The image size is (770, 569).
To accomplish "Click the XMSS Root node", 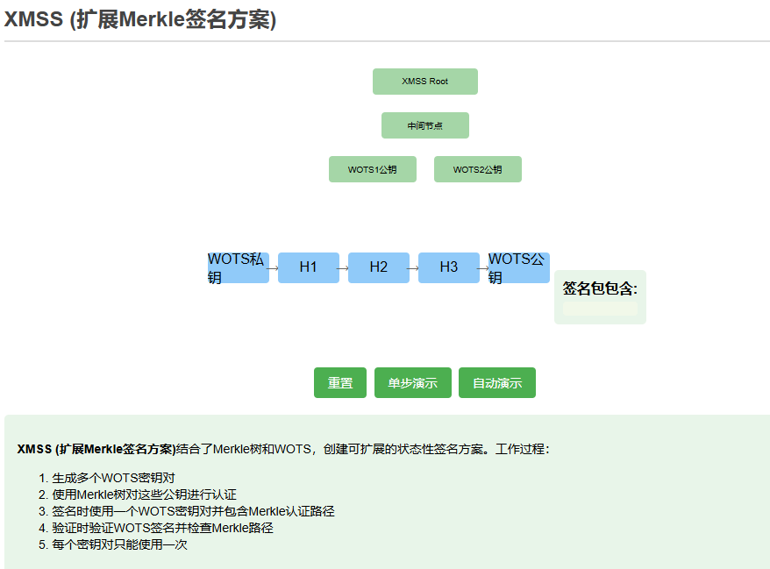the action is pyautogui.click(x=424, y=82).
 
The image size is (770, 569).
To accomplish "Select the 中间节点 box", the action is pyautogui.click(x=424, y=125).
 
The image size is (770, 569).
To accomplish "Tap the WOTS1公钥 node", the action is pyautogui.click(x=372, y=169).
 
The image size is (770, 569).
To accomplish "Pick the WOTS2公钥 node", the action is pyautogui.click(x=477, y=169).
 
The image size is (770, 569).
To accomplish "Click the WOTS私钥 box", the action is pyautogui.click(x=238, y=267).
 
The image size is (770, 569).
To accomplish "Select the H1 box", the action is pyautogui.click(x=308, y=267).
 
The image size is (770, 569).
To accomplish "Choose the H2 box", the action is pyautogui.click(x=378, y=267).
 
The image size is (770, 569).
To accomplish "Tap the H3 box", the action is pyautogui.click(x=448, y=267).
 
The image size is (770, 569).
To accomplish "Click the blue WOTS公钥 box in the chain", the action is pyautogui.click(x=518, y=267).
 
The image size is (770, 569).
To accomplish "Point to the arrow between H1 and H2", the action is pyautogui.click(x=343, y=268).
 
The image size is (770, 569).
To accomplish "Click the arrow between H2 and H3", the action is pyautogui.click(x=413, y=268).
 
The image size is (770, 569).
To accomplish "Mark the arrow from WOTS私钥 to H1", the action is pyautogui.click(x=273, y=268).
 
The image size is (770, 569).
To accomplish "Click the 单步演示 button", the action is pyautogui.click(x=412, y=383).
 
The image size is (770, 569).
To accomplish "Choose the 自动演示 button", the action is pyautogui.click(x=496, y=383).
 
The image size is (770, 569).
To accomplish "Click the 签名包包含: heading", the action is pyautogui.click(x=600, y=288).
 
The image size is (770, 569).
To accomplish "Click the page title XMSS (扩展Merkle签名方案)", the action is pyautogui.click(x=140, y=20).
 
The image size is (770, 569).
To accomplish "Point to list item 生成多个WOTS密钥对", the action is pyautogui.click(x=113, y=478).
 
